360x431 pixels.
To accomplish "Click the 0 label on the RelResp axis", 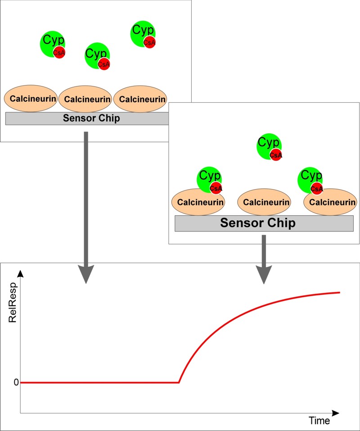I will pos(16,382).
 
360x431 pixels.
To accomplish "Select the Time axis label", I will pos(319,421).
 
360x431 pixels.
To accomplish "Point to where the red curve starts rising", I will pos(179,382).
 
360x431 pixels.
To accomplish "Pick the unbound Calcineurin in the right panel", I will pos(264,202).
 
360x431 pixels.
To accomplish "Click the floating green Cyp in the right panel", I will pos(268,144).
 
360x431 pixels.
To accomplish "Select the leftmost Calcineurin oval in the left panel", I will pos(31,99).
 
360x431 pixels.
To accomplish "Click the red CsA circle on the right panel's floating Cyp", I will pos(276,155).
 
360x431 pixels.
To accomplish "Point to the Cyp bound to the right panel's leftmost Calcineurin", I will pos(208,178).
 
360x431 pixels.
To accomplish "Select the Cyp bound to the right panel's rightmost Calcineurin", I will pos(310,178).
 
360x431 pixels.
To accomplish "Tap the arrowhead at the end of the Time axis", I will pos(335,413).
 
